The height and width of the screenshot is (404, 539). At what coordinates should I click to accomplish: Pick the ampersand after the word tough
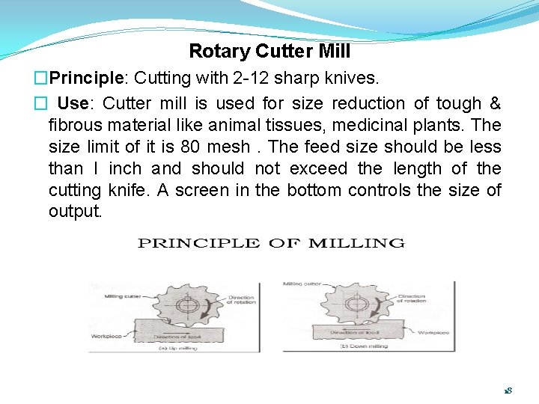point(494,103)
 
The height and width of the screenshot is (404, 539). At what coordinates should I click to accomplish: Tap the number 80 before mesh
point(192,147)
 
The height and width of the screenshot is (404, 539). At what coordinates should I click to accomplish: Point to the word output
point(75,212)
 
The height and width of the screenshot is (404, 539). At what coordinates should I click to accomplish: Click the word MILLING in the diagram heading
point(356,243)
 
